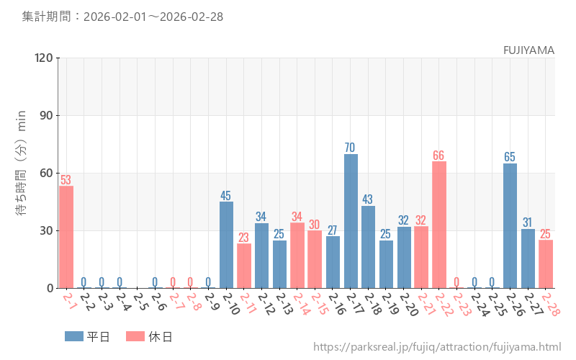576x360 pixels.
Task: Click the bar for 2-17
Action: [x=351, y=221]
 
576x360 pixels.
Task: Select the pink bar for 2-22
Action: [x=439, y=225]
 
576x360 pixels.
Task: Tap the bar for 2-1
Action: [x=66, y=237]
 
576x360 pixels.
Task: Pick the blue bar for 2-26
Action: [x=510, y=225]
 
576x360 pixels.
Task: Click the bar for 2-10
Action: [x=226, y=245]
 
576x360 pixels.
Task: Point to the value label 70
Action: [x=350, y=148]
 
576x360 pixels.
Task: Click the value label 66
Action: [x=439, y=156]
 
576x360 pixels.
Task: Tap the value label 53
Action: [x=66, y=180]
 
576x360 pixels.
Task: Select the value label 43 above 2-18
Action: [x=368, y=199]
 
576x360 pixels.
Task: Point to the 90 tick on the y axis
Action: [x=45, y=115]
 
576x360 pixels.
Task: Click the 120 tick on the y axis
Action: [x=42, y=58]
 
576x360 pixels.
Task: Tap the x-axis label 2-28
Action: [x=549, y=304]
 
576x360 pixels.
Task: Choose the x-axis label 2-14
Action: [x=301, y=304]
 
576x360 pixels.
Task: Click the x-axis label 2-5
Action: [x=141, y=302]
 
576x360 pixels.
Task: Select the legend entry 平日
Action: [x=87, y=336]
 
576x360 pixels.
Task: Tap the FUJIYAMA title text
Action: [x=528, y=50]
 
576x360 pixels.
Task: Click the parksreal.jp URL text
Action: [x=437, y=347]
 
